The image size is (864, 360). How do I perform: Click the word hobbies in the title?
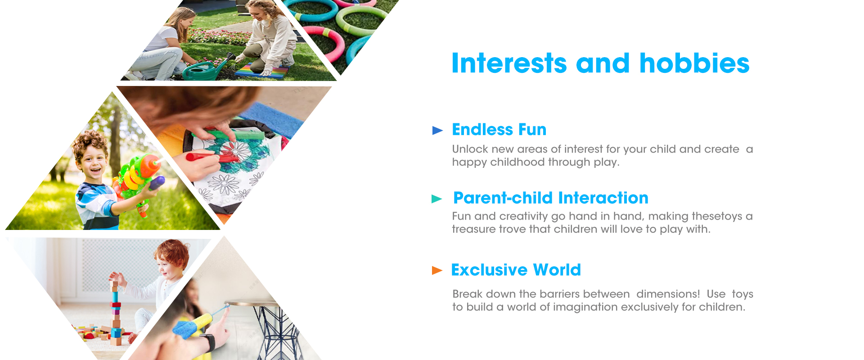(x=694, y=63)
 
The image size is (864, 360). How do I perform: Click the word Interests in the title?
(x=509, y=63)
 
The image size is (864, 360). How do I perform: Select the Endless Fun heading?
(x=499, y=130)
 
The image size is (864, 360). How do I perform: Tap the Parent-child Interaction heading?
(x=551, y=198)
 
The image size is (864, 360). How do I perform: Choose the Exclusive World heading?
(x=516, y=270)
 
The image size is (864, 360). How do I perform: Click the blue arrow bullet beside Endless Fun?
(x=437, y=130)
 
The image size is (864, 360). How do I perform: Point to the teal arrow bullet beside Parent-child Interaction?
(x=437, y=199)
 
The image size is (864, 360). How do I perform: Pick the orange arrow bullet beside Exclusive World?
(x=437, y=270)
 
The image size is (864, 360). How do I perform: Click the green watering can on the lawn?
(x=207, y=69)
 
